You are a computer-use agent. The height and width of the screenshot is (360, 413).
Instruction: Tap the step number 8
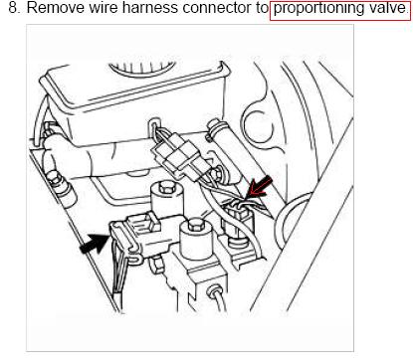click(14, 8)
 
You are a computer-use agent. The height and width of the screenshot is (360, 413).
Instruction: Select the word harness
click(150, 8)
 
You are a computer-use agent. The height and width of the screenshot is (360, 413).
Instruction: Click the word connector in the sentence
click(218, 8)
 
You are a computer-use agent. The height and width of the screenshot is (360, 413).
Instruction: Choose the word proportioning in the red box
click(318, 9)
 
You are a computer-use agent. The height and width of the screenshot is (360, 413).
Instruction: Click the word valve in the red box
click(386, 8)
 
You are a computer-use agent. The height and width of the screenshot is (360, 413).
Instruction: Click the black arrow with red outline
click(261, 188)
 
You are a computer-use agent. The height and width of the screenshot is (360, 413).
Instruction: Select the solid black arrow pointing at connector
click(95, 243)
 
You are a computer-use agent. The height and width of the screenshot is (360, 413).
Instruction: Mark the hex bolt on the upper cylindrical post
click(165, 189)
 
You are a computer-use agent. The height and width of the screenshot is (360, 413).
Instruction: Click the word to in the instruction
click(262, 8)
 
